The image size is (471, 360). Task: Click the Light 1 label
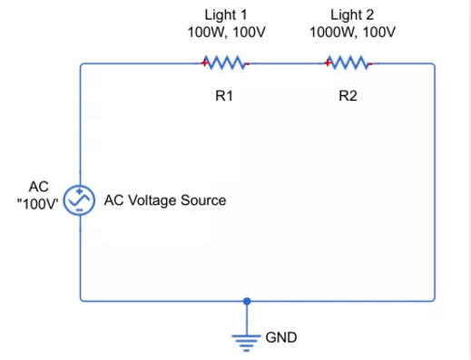[226, 15]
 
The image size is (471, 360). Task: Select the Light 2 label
[352, 15]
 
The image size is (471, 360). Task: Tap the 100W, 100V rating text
[226, 32]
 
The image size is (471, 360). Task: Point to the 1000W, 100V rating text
[352, 32]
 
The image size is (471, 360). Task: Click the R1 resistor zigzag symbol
[225, 63]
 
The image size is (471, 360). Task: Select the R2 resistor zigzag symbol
[348, 63]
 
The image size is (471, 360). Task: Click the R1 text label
[224, 96]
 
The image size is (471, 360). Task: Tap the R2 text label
[348, 96]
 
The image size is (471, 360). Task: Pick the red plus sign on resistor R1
[204, 63]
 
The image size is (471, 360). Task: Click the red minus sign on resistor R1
[247, 63]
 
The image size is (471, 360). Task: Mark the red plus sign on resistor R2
[328, 63]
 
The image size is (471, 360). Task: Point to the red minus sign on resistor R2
[370, 63]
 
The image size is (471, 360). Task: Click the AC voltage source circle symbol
[79, 200]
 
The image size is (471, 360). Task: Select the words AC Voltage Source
[165, 200]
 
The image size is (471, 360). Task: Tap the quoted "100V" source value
[37, 204]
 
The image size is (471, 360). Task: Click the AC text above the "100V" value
[39, 187]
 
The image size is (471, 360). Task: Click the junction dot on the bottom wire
[247, 301]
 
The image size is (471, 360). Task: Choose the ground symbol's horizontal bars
[246, 343]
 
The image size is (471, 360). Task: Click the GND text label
[281, 337]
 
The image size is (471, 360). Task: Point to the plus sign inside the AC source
[79, 191]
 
